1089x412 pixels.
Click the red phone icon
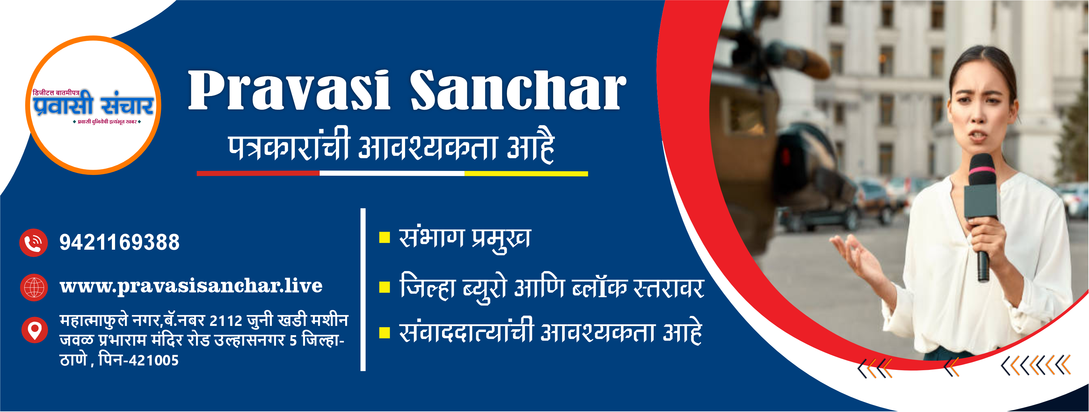pyautogui.click(x=33, y=243)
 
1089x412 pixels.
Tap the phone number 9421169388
pyautogui.click(x=120, y=242)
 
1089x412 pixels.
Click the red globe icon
pyautogui.click(x=34, y=287)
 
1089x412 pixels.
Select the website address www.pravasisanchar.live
pyautogui.click(x=191, y=286)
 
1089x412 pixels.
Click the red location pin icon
pyautogui.click(x=34, y=330)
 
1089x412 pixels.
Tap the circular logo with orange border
pyautogui.click(x=93, y=105)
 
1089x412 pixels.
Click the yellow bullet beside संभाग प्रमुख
pyautogui.click(x=384, y=237)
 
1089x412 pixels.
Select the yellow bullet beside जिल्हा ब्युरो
pyautogui.click(x=384, y=287)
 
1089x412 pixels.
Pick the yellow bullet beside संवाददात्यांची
pyautogui.click(x=384, y=333)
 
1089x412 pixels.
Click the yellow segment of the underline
pyautogui.click(x=526, y=173)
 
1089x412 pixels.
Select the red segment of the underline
pyautogui.click(x=258, y=173)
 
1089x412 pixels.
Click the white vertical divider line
pyautogui.click(x=363, y=290)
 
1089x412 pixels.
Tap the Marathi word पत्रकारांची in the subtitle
pyautogui.click(x=289, y=146)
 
